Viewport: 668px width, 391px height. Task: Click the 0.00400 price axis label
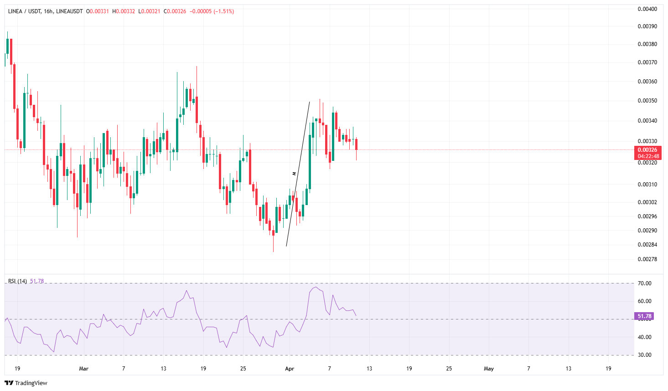[647, 9]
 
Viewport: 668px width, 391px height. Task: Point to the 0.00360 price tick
[647, 82]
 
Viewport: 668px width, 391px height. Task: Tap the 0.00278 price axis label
[647, 259]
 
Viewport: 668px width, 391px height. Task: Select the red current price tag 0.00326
[647, 150]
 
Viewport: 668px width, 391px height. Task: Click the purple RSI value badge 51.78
[644, 316]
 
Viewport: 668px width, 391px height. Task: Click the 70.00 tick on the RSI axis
[644, 283]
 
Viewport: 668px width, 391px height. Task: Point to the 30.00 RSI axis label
[644, 355]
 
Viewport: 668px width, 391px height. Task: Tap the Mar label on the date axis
[83, 369]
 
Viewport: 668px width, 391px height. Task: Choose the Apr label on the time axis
[290, 369]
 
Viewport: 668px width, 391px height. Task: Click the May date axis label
[489, 369]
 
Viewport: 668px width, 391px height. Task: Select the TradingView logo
[26, 383]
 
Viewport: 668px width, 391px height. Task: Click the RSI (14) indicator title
[17, 281]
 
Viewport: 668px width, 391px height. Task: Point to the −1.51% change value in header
[224, 11]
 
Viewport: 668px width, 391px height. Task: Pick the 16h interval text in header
[48, 11]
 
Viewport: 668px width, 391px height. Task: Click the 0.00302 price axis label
[647, 202]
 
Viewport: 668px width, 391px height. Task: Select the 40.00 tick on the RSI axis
[644, 337]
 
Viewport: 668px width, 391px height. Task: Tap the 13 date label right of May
[568, 369]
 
